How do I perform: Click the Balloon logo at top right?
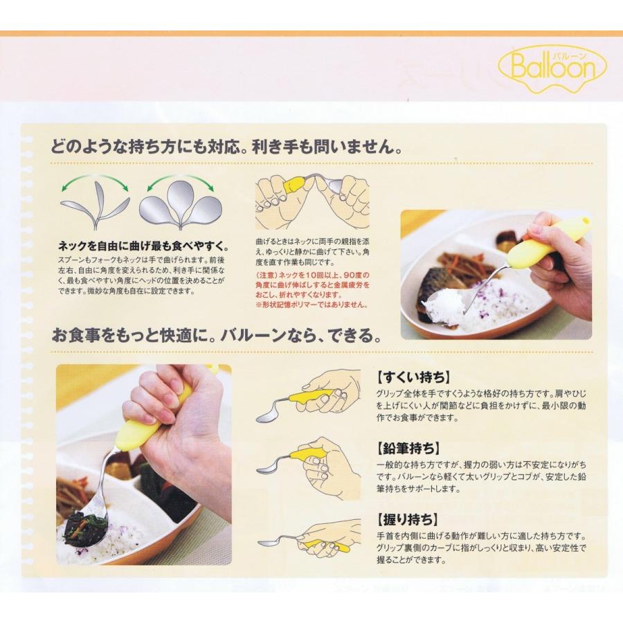pyautogui.click(x=552, y=68)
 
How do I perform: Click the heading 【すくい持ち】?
pyautogui.click(x=413, y=378)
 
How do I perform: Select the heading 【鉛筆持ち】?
pyautogui.click(x=408, y=448)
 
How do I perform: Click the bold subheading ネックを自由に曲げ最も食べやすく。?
pyautogui.click(x=144, y=246)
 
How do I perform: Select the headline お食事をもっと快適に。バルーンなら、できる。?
pyautogui.click(x=216, y=337)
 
